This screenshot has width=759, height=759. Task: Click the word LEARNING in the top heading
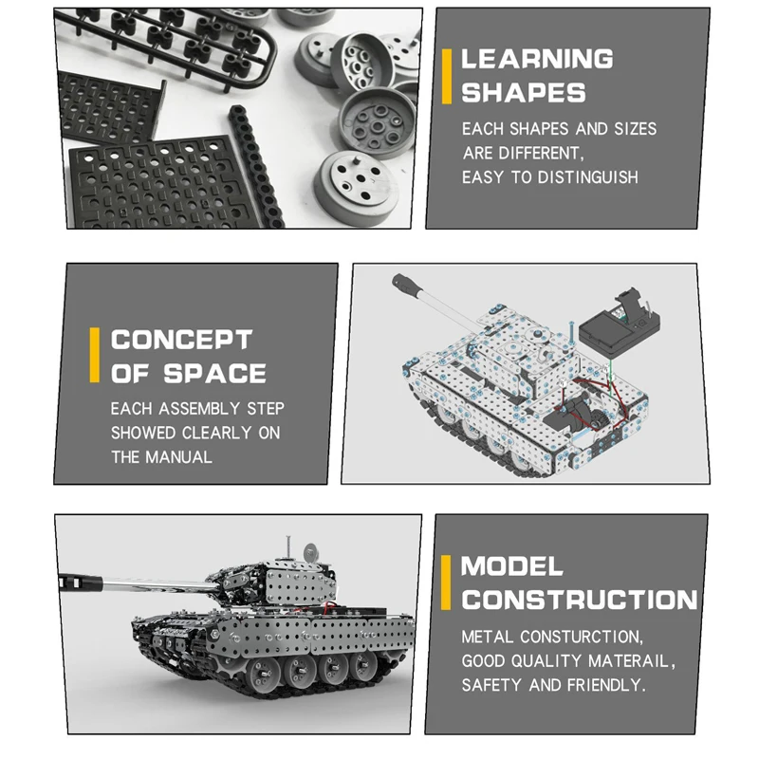click(x=537, y=59)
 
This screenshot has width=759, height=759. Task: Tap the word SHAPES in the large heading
click(x=524, y=93)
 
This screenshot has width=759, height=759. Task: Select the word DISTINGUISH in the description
click(x=587, y=177)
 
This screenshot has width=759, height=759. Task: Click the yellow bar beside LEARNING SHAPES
click(x=447, y=77)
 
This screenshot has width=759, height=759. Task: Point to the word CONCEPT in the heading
click(x=181, y=340)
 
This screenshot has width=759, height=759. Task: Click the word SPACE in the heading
click(x=215, y=373)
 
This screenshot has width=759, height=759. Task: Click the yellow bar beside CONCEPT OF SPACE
click(x=94, y=355)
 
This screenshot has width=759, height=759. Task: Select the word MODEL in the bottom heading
click(x=511, y=566)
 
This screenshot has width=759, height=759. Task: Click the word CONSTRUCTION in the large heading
click(x=580, y=601)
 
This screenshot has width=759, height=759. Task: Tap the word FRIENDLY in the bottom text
click(x=606, y=685)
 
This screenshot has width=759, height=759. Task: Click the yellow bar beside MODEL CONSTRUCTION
click(x=446, y=583)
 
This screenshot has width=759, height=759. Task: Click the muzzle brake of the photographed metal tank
click(x=81, y=582)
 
